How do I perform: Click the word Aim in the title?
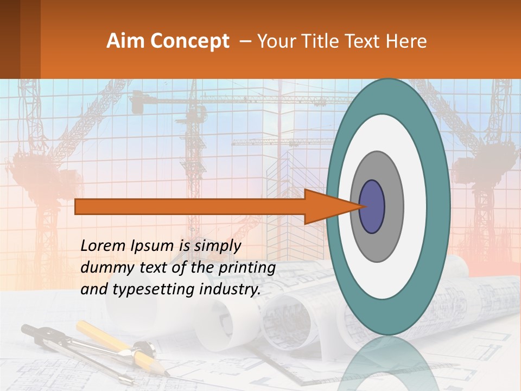(125, 41)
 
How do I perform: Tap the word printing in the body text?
(246, 268)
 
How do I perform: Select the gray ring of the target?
(393, 206)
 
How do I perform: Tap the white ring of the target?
(418, 206)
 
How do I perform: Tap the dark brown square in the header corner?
(10, 39)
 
